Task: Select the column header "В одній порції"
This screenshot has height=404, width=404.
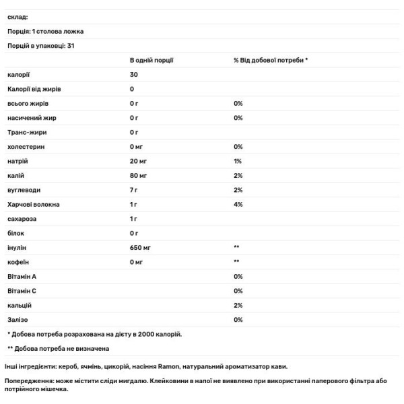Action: [x=151, y=60]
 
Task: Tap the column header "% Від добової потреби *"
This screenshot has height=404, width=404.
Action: [x=271, y=60]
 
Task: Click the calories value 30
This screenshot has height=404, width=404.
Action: [x=134, y=74]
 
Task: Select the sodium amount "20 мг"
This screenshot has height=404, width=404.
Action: [x=139, y=162]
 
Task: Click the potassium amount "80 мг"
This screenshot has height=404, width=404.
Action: [x=139, y=176]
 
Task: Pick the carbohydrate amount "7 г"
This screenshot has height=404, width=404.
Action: [x=134, y=190]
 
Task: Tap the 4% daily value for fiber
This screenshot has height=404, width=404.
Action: [x=238, y=204]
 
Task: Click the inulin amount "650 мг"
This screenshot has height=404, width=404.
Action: [x=141, y=248]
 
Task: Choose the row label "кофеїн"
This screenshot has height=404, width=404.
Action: [x=18, y=262]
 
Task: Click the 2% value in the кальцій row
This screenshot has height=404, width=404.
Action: [x=238, y=305]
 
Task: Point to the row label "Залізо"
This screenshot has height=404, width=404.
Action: [x=18, y=319]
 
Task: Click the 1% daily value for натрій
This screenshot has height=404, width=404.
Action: [x=237, y=162]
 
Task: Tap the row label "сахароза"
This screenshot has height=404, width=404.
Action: [x=21, y=219]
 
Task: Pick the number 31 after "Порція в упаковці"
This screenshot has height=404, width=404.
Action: [x=71, y=46]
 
